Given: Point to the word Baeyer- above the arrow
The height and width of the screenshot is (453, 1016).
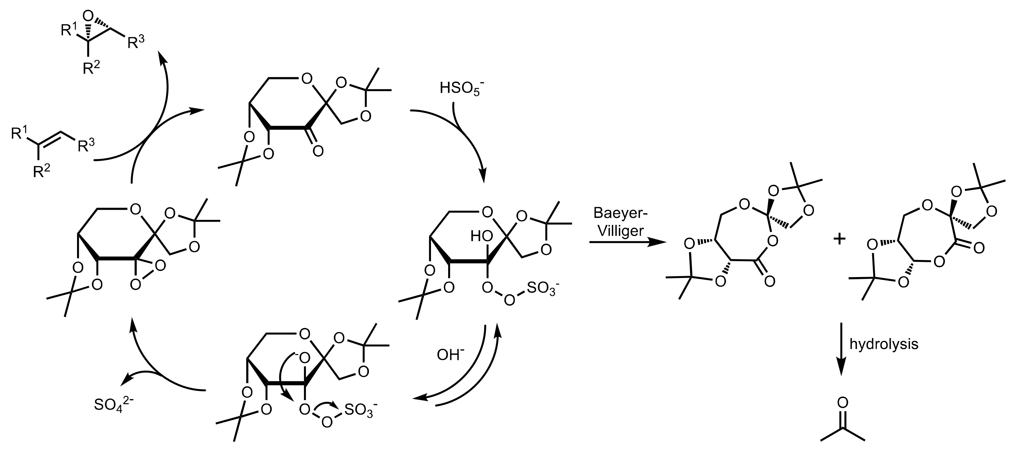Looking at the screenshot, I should [620, 214].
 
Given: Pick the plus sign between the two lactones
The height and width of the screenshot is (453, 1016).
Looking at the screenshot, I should [839, 239].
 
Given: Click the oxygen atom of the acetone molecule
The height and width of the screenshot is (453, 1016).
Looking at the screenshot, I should [842, 402].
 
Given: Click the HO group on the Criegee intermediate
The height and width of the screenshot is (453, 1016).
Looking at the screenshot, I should [481, 236].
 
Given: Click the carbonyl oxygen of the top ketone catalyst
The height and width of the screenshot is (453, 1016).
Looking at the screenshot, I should [318, 151].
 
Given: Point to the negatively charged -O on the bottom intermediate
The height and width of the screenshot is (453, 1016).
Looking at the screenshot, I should [302, 358].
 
